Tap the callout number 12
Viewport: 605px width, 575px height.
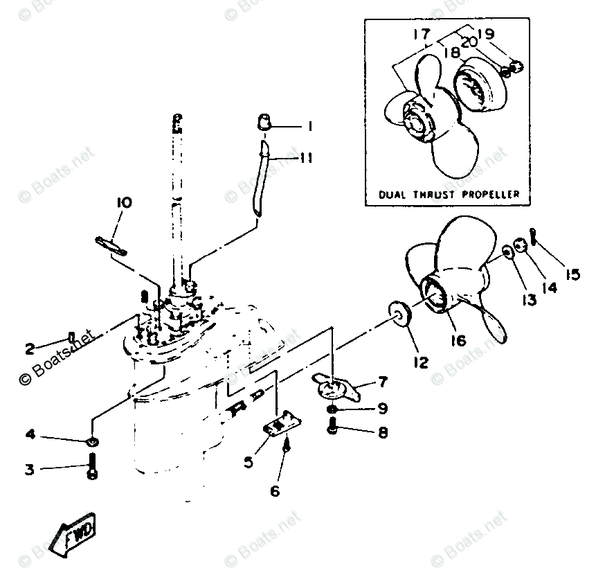pos(420,361)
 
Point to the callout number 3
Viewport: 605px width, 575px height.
pos(29,470)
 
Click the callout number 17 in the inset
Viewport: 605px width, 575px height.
pos(422,34)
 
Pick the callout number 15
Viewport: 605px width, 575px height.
pos(572,274)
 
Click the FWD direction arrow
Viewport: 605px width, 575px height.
pos(78,536)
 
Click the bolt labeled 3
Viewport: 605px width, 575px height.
pos(93,467)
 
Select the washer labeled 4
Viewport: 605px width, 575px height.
pos(92,441)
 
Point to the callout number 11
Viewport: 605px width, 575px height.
pos(305,159)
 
